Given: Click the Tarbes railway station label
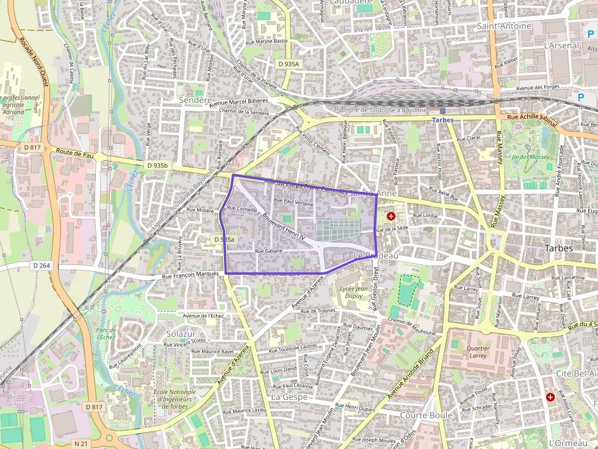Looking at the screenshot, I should tap(443, 120).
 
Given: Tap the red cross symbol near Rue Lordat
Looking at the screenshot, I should tap(391, 216).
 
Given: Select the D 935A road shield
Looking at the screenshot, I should tap(288, 64).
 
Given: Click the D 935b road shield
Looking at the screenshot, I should tap(157, 165).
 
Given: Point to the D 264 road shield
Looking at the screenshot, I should tap(41, 266).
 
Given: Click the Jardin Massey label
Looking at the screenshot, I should tap(530, 157).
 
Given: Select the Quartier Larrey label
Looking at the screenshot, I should tap(478, 352).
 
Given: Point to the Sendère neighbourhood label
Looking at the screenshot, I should tap(195, 99).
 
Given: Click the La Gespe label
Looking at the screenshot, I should tap(289, 397).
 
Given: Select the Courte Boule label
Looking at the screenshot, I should tap(426, 415).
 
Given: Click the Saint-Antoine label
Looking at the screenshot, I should tap(504, 26).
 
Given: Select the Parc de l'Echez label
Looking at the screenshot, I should tap(106, 333).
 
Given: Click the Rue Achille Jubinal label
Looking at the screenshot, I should tap(532, 119).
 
